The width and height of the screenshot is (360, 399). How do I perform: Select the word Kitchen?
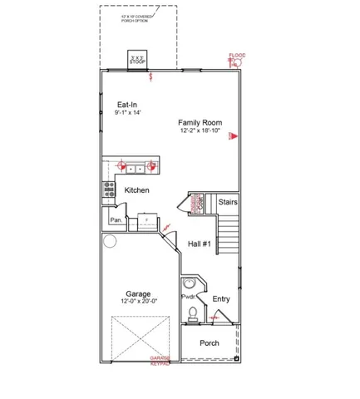[x=136, y=190]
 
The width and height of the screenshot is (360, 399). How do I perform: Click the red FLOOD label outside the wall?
[x=237, y=57]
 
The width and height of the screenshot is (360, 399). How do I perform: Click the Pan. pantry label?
[x=116, y=220]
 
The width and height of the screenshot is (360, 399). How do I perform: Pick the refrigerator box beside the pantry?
[x=147, y=220]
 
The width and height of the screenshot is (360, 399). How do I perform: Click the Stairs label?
[x=228, y=202]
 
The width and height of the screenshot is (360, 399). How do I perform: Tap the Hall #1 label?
[x=200, y=244]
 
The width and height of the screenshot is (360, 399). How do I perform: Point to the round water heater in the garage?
[x=110, y=242]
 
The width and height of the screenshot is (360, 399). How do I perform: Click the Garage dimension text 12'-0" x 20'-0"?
[x=139, y=303]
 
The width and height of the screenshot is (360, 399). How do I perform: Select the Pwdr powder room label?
[x=188, y=296]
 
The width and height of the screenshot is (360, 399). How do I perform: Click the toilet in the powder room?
[x=193, y=314]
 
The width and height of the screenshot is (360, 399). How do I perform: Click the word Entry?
[x=221, y=299]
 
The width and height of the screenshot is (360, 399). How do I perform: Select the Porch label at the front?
[x=209, y=342]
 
